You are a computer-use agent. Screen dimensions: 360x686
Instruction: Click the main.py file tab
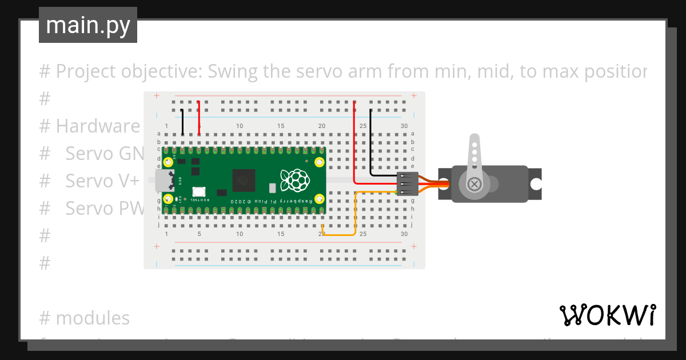click(x=88, y=25)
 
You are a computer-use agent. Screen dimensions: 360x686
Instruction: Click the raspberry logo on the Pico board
click(x=295, y=180)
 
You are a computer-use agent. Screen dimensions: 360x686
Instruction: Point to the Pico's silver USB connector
click(x=165, y=181)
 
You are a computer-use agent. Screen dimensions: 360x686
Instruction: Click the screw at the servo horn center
click(x=474, y=184)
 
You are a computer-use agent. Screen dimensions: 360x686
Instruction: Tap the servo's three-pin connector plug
click(x=407, y=184)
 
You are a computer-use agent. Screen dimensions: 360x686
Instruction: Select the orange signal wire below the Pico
click(x=340, y=234)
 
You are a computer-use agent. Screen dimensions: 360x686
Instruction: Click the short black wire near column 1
click(x=182, y=122)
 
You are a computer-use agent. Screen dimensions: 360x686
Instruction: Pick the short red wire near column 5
click(x=198, y=118)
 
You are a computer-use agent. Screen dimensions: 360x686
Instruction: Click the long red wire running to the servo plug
click(x=354, y=143)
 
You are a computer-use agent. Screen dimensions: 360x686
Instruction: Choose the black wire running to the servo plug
click(x=371, y=143)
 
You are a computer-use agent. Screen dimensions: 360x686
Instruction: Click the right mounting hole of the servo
click(x=536, y=184)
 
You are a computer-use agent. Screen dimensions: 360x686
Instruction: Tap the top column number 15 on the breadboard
click(x=281, y=126)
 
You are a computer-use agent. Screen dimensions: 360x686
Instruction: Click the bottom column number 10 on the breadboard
click(x=240, y=234)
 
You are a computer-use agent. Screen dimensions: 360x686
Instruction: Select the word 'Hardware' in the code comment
click(x=98, y=126)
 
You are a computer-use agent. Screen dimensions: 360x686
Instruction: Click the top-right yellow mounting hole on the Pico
click(x=320, y=163)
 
